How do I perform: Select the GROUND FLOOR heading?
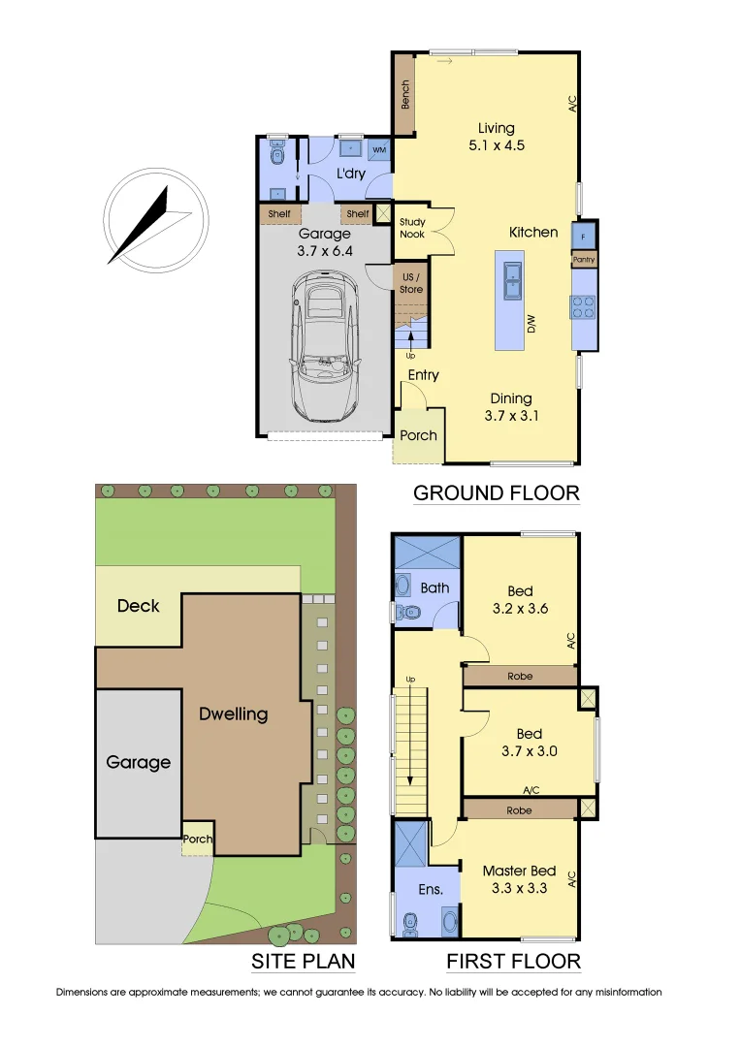click(496, 492)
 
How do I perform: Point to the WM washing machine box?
click(378, 150)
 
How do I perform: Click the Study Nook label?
click(412, 228)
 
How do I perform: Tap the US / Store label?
click(412, 282)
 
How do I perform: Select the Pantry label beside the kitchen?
click(584, 260)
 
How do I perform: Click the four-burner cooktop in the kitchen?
click(584, 306)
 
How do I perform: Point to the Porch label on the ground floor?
click(419, 435)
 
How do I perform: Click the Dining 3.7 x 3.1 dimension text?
click(510, 416)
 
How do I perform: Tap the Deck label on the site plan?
click(138, 606)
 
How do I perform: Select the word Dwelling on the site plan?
click(233, 714)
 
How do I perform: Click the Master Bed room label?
click(519, 872)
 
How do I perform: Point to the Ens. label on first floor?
click(431, 889)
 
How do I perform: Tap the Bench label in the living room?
click(405, 94)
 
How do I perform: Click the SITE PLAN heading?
click(303, 962)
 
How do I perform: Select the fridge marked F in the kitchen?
click(584, 236)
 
